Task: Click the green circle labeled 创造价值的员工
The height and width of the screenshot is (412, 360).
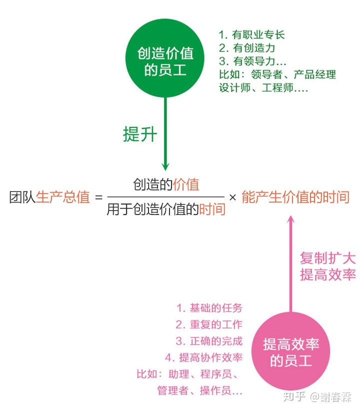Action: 165,58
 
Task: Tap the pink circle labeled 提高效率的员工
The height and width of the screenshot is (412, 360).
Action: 290,351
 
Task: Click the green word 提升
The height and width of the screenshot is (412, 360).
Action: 140,134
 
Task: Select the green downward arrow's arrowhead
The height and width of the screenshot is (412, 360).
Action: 165,166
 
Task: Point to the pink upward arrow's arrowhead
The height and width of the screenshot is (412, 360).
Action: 290,220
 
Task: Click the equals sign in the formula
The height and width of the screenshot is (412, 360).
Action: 98,197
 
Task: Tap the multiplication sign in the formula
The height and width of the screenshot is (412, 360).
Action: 232,197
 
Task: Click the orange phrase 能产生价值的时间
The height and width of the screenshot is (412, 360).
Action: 295,197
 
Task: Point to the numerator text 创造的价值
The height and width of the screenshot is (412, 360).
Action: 166,184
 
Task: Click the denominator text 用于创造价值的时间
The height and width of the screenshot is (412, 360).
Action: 166,209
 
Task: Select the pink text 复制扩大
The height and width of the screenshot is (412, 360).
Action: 328,258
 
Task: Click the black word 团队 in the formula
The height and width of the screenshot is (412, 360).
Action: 22,197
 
